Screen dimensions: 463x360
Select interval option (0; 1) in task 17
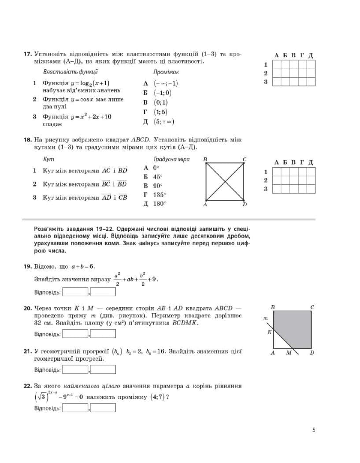coord(160,102)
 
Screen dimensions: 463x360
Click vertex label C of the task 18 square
coord(245,159)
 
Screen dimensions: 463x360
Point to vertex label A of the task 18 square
coord(205,205)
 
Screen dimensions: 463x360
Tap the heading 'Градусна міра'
coord(171,159)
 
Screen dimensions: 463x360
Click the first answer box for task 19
coord(75,292)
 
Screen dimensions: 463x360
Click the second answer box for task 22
coord(103,407)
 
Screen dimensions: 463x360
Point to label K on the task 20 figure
coord(269,332)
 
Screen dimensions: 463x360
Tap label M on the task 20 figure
coord(289,353)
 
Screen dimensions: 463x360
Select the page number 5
coord(314,430)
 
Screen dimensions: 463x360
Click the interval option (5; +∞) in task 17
coord(163,121)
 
